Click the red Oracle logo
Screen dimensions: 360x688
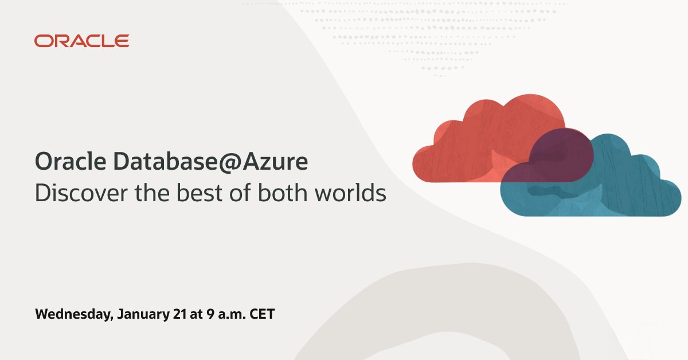pos(81,41)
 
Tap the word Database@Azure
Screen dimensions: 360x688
pos(210,162)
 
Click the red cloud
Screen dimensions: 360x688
pos(470,143)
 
